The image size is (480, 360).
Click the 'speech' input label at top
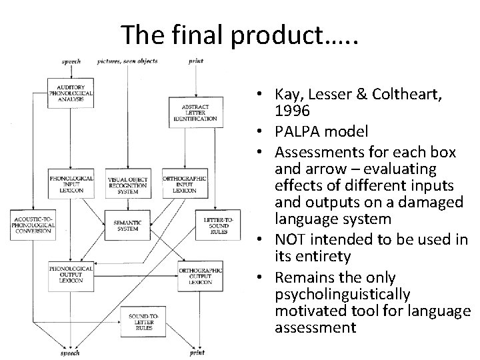coord(71,61)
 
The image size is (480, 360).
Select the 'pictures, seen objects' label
coord(127,61)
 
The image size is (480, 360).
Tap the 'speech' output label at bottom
coord(71,353)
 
